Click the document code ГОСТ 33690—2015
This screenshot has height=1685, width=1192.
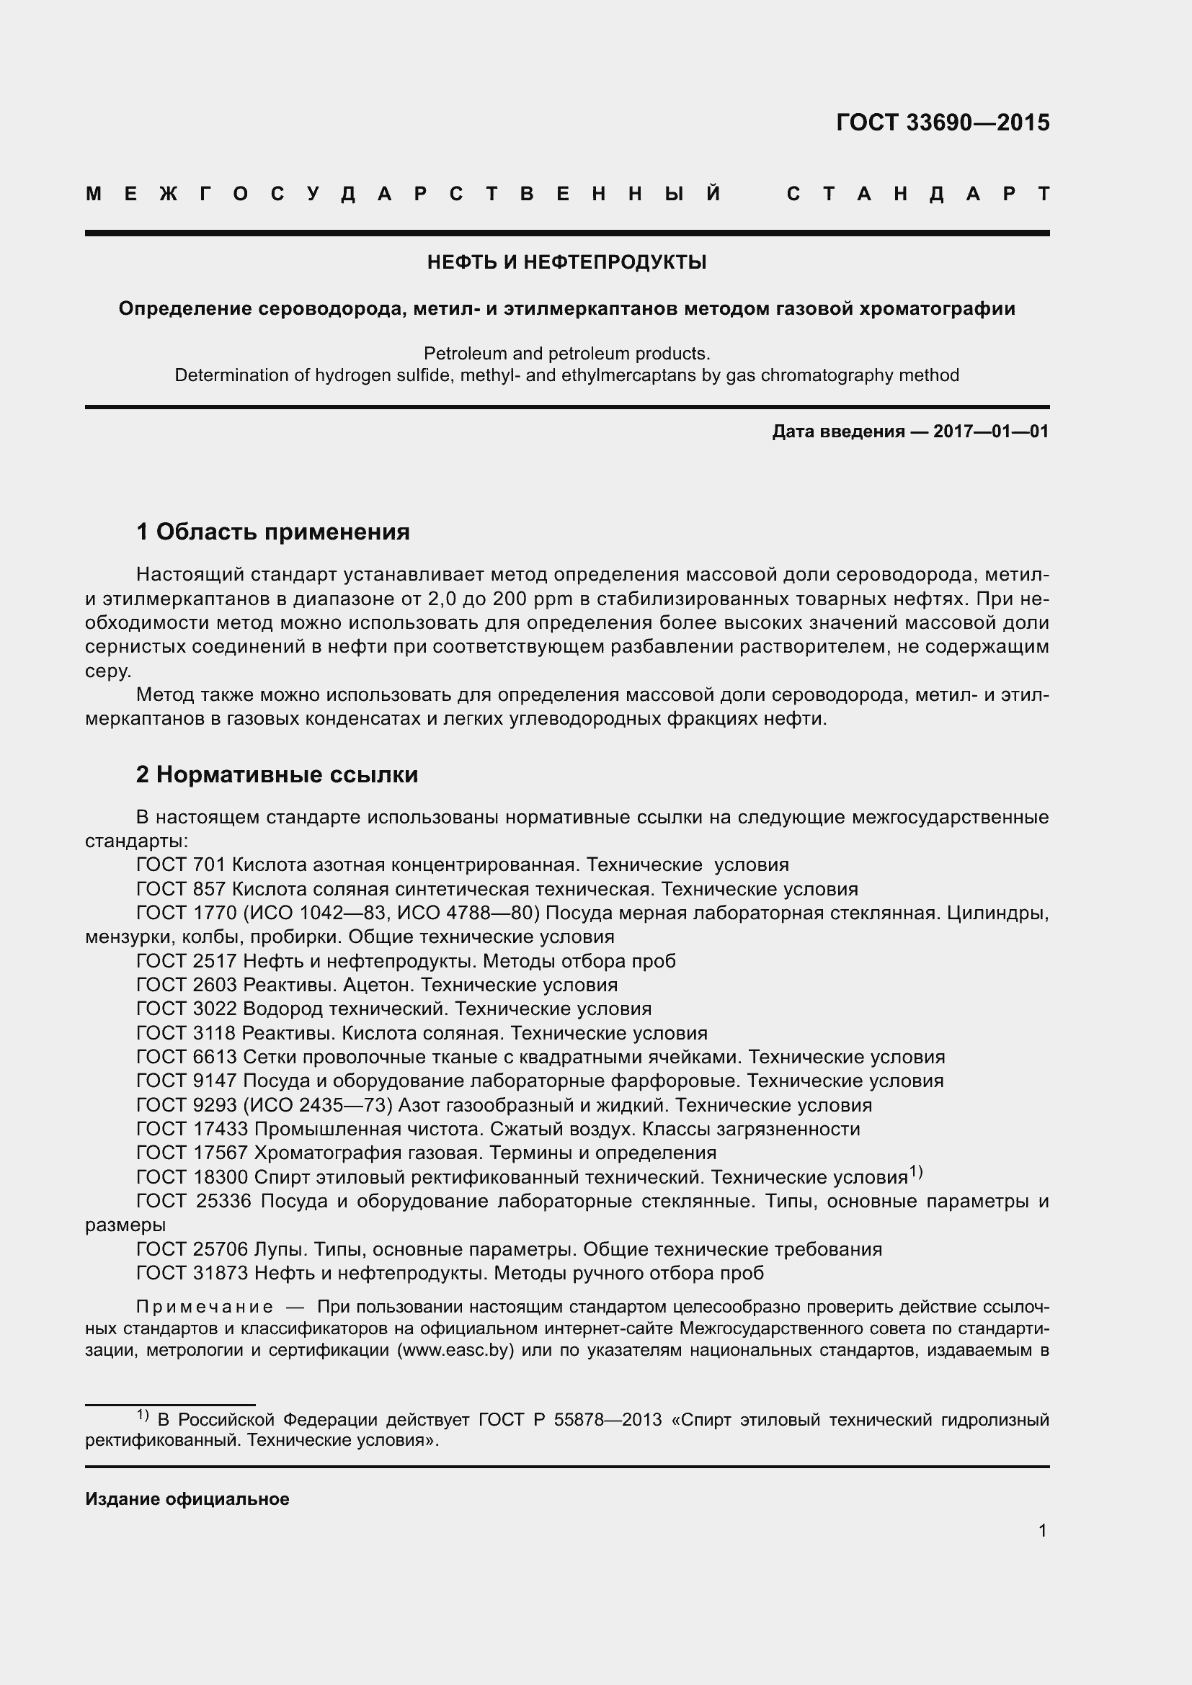(943, 122)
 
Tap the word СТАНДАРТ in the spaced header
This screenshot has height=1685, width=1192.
(917, 194)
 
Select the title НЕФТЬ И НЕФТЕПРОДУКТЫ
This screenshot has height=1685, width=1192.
(566, 262)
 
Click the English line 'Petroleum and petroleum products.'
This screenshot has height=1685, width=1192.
(566, 353)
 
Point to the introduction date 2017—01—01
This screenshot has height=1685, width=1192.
(991, 432)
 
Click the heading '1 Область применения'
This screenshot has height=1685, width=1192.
(273, 532)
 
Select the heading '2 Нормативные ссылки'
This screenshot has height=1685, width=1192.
(277, 775)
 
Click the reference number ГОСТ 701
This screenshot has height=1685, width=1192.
(181, 864)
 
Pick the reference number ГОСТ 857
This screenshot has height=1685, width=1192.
(181, 889)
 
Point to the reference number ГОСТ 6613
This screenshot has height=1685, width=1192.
(187, 1057)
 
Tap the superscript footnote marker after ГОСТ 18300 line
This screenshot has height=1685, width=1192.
(915, 1171)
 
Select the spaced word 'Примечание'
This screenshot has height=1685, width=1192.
(205, 1306)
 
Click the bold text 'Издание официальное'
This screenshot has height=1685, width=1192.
(187, 1498)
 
